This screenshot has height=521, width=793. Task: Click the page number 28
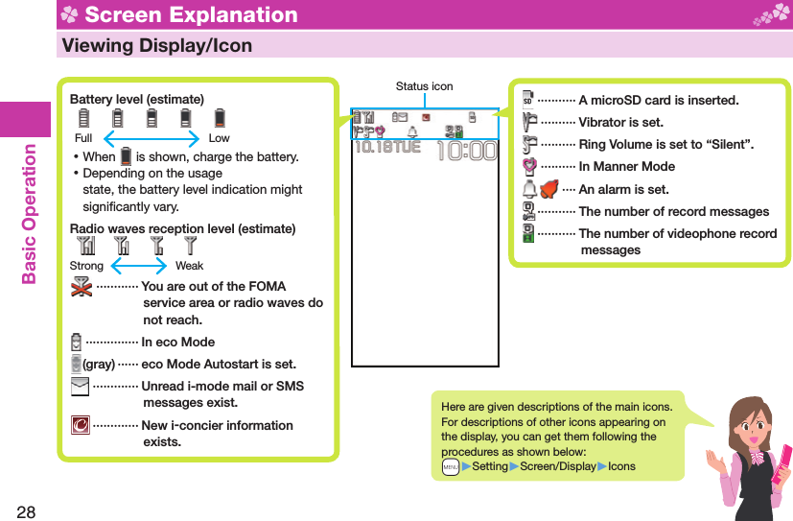[x=26, y=510]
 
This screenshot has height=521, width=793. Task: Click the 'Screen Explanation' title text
[x=191, y=14]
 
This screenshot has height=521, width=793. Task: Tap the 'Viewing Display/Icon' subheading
[x=156, y=45]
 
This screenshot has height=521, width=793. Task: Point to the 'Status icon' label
[x=424, y=86]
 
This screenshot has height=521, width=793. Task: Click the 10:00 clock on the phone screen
[x=466, y=152]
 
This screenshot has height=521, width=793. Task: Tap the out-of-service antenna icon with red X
[x=82, y=288]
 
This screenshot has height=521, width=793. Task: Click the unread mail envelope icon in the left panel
[x=81, y=386]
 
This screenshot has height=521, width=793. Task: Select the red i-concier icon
[x=81, y=425]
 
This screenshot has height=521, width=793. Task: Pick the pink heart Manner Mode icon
[x=528, y=167]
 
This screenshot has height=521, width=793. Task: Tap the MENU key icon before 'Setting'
[x=450, y=466]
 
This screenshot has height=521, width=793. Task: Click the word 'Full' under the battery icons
[x=83, y=138]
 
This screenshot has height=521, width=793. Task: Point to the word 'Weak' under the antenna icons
[x=189, y=266]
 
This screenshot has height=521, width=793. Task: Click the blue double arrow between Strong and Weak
[x=140, y=266]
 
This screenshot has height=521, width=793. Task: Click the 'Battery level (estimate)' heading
[x=136, y=100]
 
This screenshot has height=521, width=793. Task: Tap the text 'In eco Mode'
[x=178, y=342]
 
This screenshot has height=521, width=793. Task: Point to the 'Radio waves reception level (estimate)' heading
[x=182, y=228]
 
